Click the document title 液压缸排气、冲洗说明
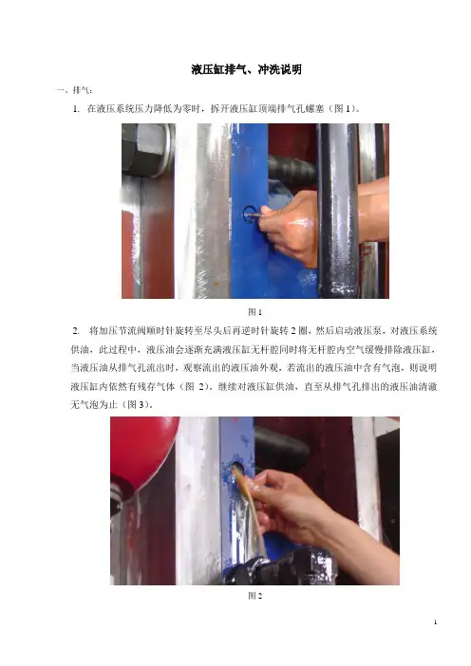(247, 69)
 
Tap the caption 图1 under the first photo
(255, 312)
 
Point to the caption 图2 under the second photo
(255, 596)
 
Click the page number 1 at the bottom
(435, 622)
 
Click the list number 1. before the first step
(76, 109)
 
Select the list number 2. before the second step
(76, 330)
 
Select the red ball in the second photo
(142, 448)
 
